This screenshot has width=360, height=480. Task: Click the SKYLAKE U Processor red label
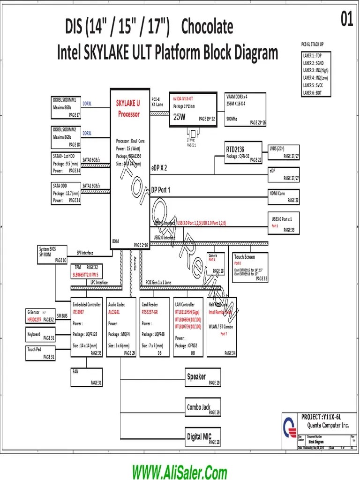128,109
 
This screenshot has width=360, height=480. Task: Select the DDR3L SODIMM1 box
66,107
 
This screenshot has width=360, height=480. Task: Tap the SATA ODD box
66,193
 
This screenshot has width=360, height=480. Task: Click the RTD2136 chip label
235,150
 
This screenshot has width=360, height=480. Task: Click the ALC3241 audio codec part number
115,311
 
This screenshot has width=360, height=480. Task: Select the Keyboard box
41,335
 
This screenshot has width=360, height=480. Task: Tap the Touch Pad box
41,353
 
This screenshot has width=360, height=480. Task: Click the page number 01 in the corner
346,20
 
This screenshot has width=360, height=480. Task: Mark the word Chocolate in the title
207,27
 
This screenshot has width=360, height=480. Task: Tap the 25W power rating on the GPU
180,117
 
